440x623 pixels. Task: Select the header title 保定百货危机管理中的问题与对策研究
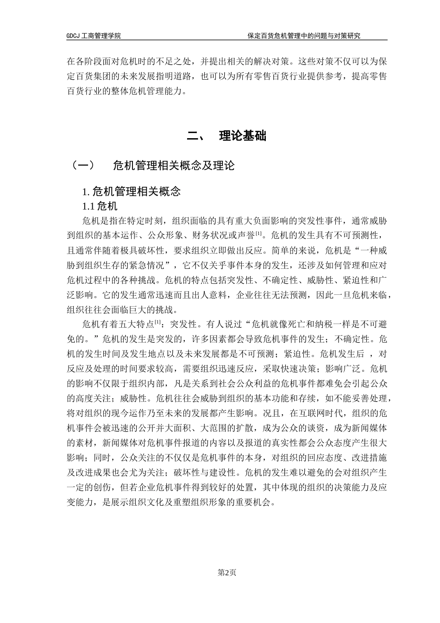pos(304,36)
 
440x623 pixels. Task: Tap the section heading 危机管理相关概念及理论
pos(174,165)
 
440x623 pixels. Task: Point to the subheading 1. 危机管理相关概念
pos(131,191)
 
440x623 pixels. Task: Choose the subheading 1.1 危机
pos(100,206)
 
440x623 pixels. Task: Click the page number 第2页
pos(227,572)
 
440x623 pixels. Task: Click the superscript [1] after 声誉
pos(259,233)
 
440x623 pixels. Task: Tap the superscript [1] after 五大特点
pos(158,322)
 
